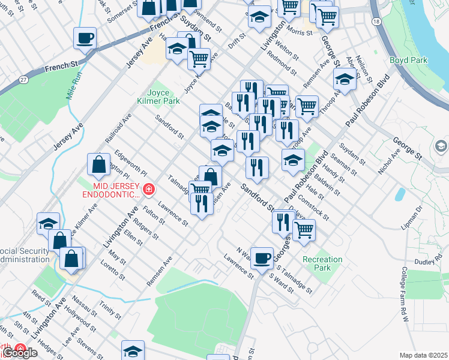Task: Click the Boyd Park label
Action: pyautogui.click(x=408, y=60)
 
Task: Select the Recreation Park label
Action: pyautogui.click(x=322, y=263)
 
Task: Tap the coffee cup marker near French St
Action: pyautogui.click(x=85, y=38)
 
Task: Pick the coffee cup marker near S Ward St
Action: pyautogui.click(x=262, y=258)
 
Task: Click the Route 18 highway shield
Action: pyautogui.click(x=376, y=21)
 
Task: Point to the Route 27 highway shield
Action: pyautogui.click(x=23, y=79)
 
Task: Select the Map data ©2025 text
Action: pyautogui.click(x=424, y=355)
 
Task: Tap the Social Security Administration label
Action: pyautogui.click(x=24, y=255)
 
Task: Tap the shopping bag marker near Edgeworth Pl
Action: pyautogui.click(x=98, y=164)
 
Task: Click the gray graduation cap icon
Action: pyautogui.click(x=441, y=146)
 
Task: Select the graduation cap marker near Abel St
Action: pyautogui.click(x=345, y=79)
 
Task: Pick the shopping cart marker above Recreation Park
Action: pyautogui.click(x=304, y=229)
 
